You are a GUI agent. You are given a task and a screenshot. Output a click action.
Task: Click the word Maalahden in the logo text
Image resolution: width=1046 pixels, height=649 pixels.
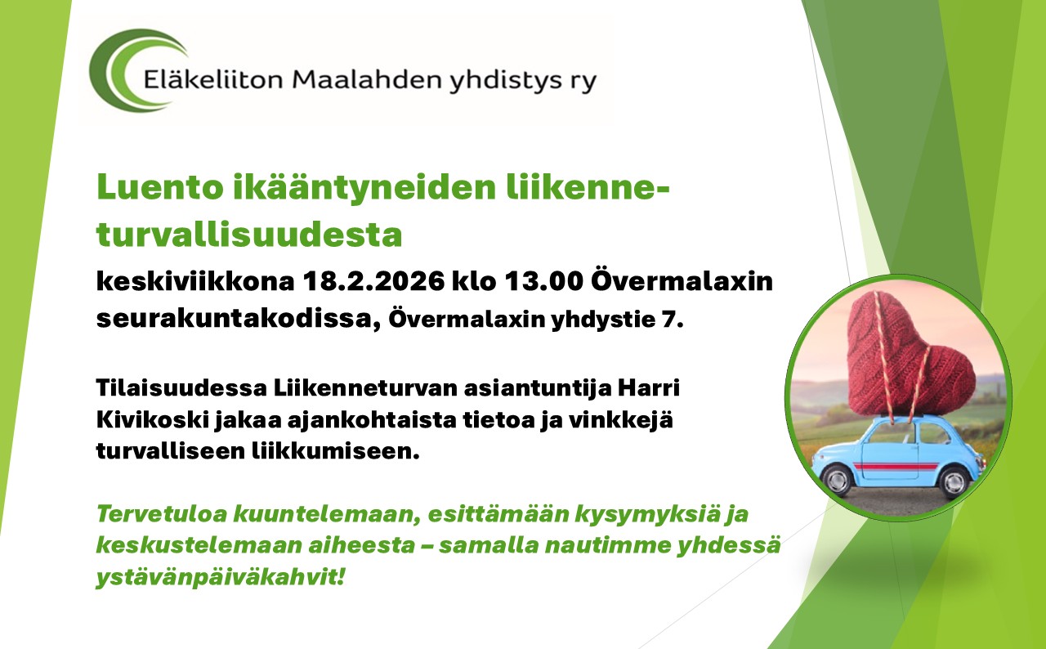pos(367,79)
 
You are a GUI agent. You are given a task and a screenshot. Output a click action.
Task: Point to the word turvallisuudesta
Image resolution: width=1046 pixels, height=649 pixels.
pos(249,235)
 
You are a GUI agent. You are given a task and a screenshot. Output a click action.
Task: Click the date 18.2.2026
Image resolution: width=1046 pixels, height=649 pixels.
pos(373,281)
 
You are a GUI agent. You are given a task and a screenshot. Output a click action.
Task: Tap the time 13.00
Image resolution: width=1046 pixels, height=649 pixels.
pos(544,281)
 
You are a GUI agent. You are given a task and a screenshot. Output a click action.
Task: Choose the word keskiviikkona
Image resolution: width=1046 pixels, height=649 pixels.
pos(195,281)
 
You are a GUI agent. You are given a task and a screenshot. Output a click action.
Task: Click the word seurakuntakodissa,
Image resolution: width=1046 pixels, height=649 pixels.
pos(239,320)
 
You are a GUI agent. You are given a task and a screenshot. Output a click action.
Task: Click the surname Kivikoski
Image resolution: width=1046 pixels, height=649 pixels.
pos(152,420)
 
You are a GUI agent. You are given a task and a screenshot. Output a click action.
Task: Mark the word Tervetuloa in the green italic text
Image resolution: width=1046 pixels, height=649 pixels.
pos(162,513)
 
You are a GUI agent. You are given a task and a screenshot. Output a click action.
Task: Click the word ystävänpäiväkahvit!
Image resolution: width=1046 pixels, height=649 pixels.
pos(221,577)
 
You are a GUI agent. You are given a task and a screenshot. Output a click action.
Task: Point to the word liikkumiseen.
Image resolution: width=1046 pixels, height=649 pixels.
pos(335,451)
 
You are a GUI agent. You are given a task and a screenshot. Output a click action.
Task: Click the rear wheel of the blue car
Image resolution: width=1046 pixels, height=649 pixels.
pos(954,480)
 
